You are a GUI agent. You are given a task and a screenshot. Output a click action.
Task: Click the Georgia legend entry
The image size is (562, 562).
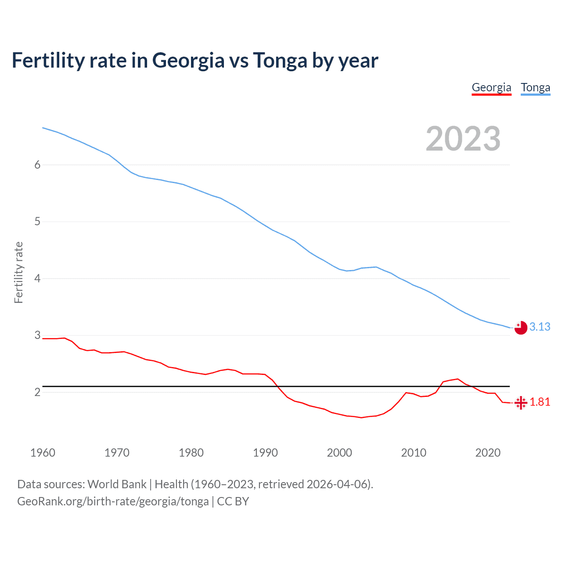pyautogui.click(x=491, y=87)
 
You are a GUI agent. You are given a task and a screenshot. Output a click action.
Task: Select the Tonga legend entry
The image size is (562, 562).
pyautogui.click(x=535, y=87)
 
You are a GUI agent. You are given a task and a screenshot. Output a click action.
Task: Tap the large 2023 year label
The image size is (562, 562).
pyautogui.click(x=463, y=139)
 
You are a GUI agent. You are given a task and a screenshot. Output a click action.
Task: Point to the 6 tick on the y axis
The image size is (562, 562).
pyautogui.click(x=37, y=165)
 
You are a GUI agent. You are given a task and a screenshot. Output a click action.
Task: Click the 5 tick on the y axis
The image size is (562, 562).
pyautogui.click(x=37, y=221)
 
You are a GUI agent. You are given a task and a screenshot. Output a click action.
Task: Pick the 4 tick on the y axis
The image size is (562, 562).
pyautogui.click(x=37, y=278)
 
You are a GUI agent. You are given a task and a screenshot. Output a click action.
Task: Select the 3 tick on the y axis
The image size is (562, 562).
pyautogui.click(x=37, y=335)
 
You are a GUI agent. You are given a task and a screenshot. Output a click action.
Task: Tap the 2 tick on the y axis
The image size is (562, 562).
pyautogui.click(x=37, y=392)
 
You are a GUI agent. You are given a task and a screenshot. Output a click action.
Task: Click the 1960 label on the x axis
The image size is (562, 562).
pyautogui.click(x=43, y=453)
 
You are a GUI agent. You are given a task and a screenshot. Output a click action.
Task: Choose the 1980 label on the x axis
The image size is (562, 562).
pyautogui.click(x=191, y=453)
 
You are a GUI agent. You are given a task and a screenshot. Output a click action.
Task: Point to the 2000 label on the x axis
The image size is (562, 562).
pyautogui.click(x=339, y=453)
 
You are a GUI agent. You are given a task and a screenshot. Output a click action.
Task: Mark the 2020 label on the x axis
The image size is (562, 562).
pyautogui.click(x=488, y=453)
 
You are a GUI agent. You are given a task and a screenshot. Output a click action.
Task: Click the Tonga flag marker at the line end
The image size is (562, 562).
pyautogui.click(x=521, y=328)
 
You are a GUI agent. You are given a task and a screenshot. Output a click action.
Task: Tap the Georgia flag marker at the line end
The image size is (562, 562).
pyautogui.click(x=521, y=403)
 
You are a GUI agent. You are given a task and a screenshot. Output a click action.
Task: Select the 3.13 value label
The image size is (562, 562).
pyautogui.click(x=540, y=327)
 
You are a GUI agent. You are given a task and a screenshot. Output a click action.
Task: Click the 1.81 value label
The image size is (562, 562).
pyautogui.click(x=540, y=402)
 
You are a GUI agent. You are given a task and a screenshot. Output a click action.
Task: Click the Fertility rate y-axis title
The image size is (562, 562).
pyautogui.click(x=18, y=272)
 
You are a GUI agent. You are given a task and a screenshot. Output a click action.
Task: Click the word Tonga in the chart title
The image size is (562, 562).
pyautogui.click(x=280, y=60)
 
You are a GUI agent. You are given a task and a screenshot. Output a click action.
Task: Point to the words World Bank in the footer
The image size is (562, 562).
pyautogui.click(x=117, y=484)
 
